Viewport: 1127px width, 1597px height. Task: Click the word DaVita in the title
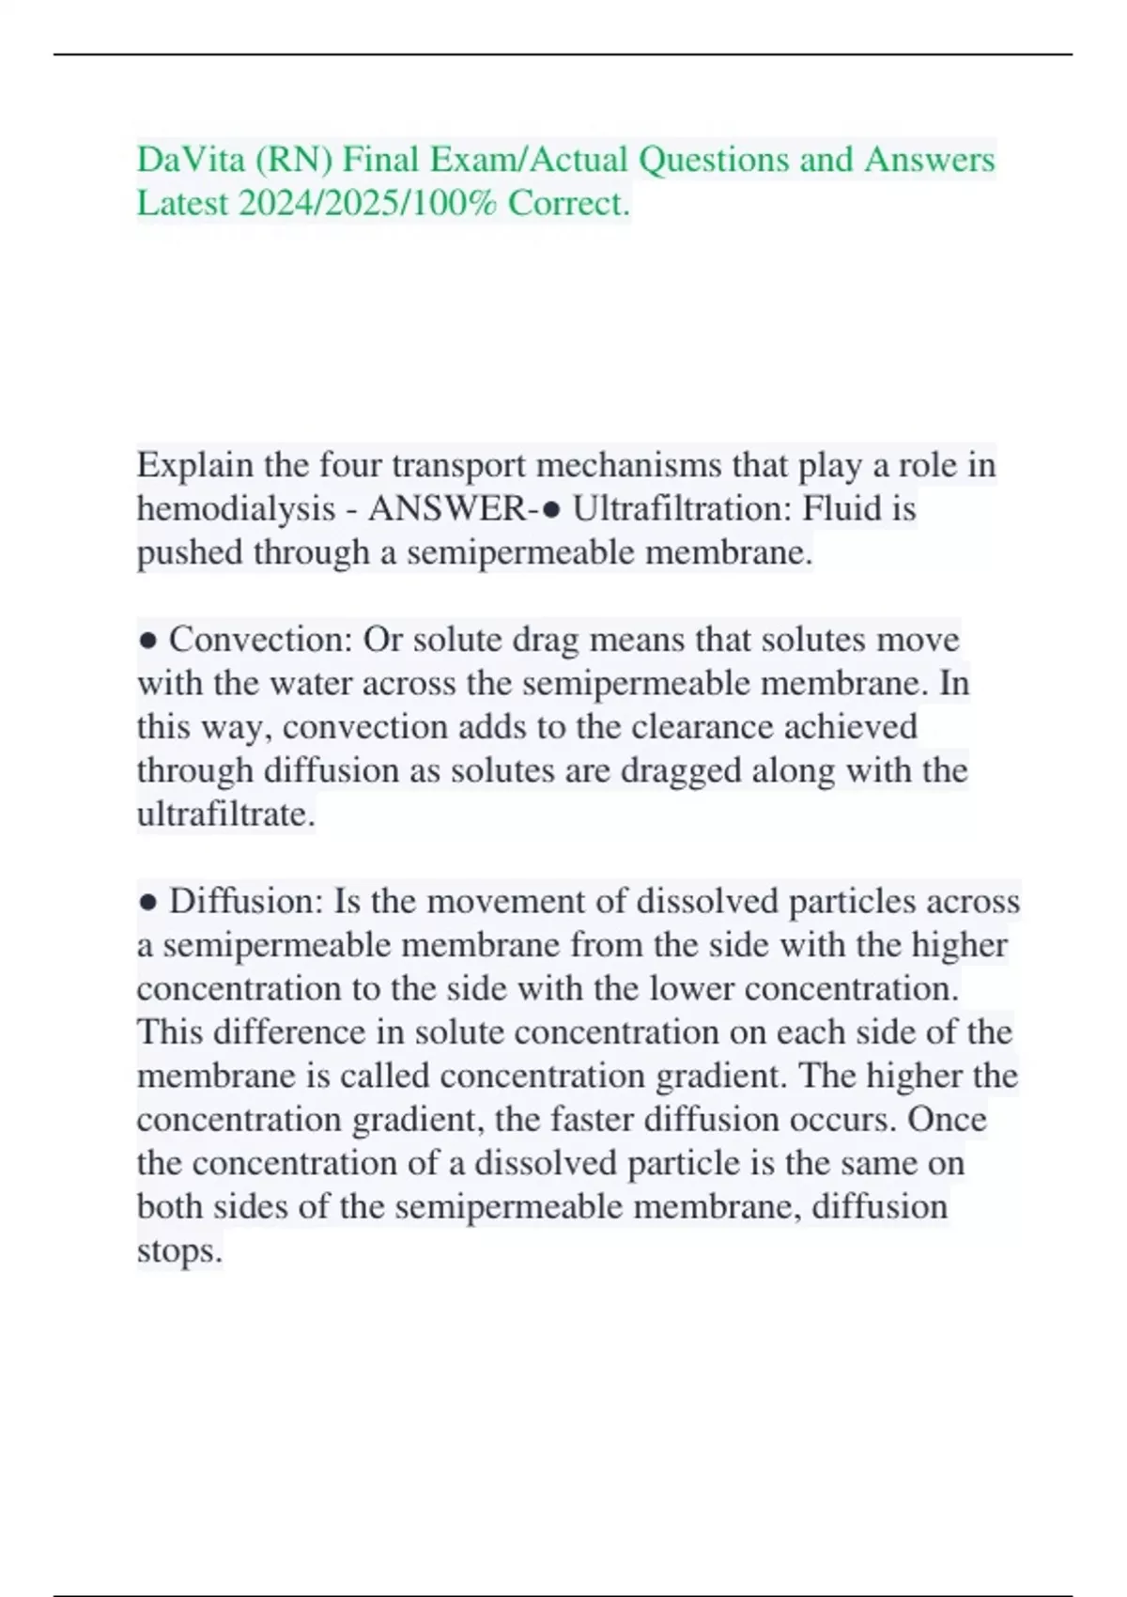click(x=191, y=160)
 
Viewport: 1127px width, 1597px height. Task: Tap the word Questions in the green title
click(x=714, y=160)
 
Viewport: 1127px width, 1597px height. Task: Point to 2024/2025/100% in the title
click(x=368, y=203)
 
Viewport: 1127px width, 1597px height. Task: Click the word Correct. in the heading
click(x=569, y=203)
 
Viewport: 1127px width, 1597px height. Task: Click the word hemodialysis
click(x=236, y=508)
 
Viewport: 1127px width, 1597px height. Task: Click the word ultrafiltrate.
click(x=225, y=814)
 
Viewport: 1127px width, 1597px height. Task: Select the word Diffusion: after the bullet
click(x=247, y=902)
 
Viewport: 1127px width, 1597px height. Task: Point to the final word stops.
click(x=179, y=1251)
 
